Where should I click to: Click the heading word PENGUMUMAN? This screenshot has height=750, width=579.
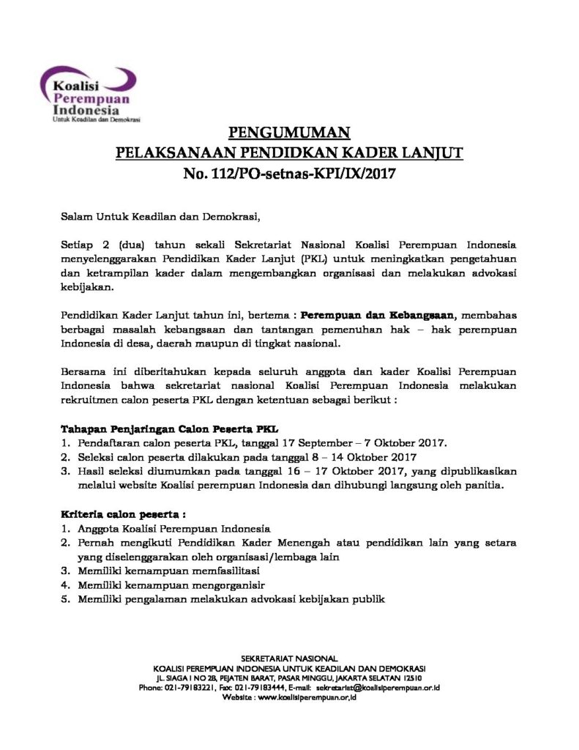[x=290, y=133]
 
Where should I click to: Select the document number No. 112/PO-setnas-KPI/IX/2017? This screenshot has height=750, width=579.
[x=290, y=174]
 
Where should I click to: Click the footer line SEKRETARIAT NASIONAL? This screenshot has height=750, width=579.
[x=289, y=659]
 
